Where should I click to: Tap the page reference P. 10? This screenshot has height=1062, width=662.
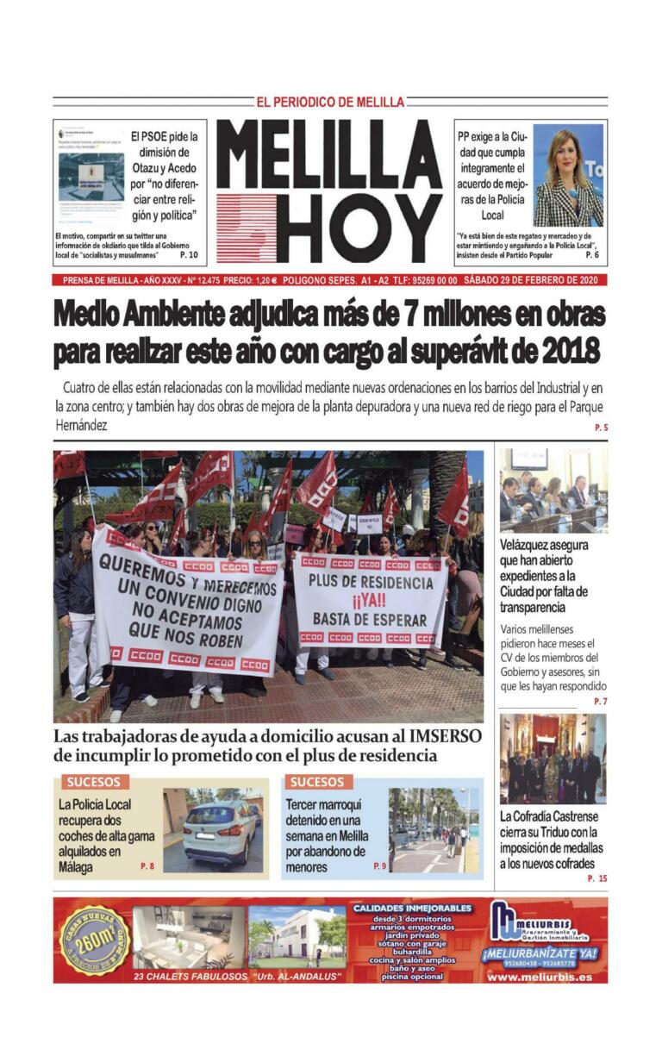click(189, 255)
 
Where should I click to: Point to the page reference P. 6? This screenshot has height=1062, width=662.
click(592, 255)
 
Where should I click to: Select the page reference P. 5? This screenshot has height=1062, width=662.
click(601, 428)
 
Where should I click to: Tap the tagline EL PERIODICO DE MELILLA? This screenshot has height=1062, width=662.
click(330, 102)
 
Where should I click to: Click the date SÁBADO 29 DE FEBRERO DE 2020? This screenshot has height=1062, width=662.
click(534, 280)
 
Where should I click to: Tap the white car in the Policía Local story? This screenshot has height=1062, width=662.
click(219, 830)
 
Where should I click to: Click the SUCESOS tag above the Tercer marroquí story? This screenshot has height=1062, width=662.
click(316, 782)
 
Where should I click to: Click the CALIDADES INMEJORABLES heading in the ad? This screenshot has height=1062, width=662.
click(413, 908)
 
